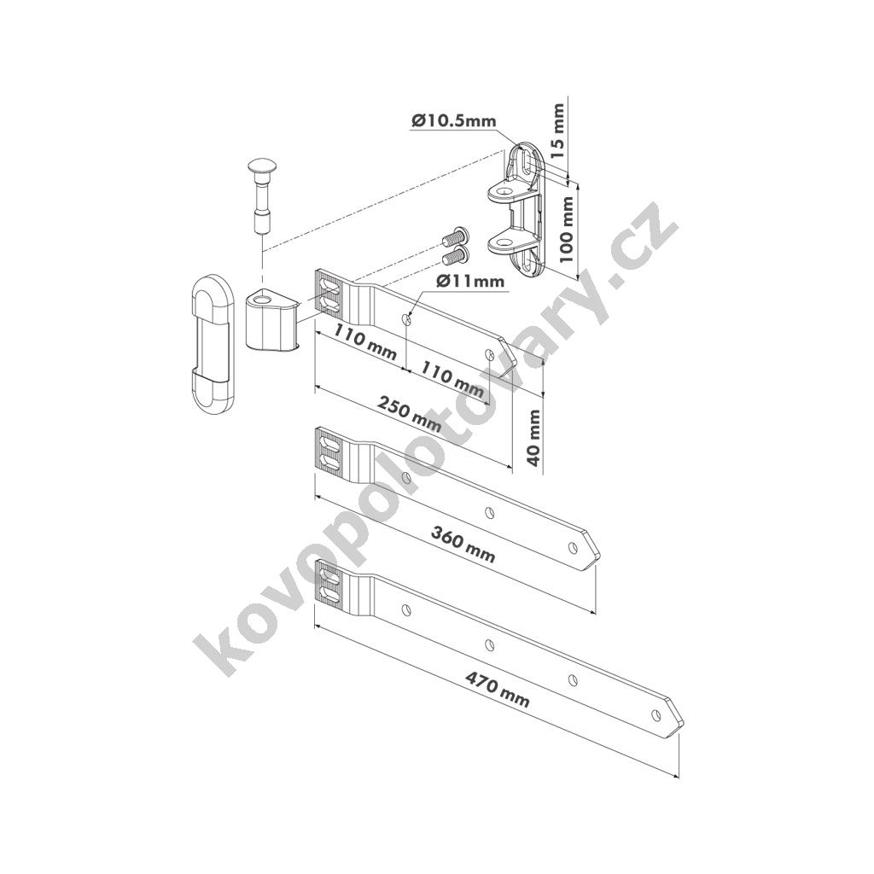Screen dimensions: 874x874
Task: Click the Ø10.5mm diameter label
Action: pyautogui.click(x=454, y=119)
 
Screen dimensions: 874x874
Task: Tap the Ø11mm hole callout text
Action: pyautogui.click(x=470, y=282)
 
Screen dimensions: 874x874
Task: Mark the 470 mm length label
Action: pyautogui.click(x=498, y=690)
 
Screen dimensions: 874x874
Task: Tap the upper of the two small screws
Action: pyautogui.click(x=456, y=237)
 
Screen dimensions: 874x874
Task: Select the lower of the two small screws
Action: pyautogui.click(x=456, y=255)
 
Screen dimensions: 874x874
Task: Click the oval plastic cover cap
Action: pyautogui.click(x=212, y=343)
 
